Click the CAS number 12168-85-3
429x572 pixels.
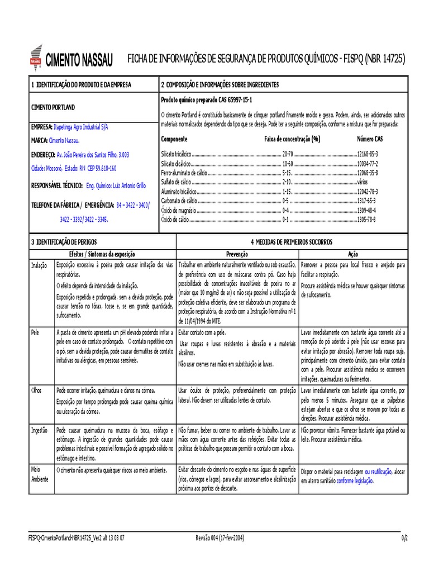[x=367, y=153]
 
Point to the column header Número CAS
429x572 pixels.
[x=370, y=139]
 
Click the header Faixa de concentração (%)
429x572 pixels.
[x=292, y=139]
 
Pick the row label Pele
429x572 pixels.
[x=35, y=332]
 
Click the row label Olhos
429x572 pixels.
[x=36, y=389]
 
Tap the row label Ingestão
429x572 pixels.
[x=39, y=431]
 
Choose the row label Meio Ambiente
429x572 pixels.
[x=40, y=475]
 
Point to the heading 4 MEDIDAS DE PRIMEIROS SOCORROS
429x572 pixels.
[x=291, y=242]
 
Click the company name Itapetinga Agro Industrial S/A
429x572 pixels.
[x=81, y=127]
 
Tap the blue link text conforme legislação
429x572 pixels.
[x=355, y=480]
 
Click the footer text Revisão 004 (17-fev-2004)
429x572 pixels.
[x=220, y=537]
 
